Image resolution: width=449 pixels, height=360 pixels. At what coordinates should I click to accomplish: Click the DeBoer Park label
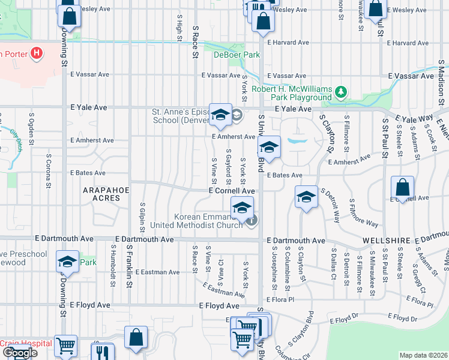pos(237,55)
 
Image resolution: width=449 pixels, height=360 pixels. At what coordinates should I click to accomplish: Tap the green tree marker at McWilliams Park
pos(341,92)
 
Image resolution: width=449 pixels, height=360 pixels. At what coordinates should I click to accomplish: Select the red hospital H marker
pos(37,53)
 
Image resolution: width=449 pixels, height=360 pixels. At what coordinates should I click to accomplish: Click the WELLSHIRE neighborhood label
pos(385,240)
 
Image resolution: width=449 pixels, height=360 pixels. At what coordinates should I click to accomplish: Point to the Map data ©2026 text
pos(423,355)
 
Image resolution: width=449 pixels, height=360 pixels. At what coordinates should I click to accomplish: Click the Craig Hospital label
pos(18,343)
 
